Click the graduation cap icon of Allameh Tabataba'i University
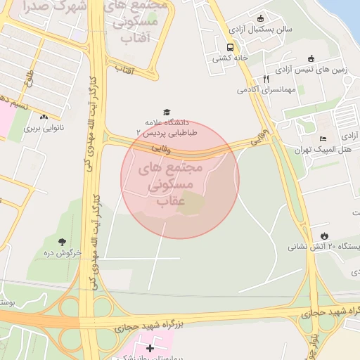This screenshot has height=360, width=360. (x=167, y=112)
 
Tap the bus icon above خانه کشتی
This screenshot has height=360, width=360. (x=230, y=48)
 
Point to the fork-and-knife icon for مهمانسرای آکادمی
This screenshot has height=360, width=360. (x=265, y=79)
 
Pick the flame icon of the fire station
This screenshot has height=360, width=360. (x=323, y=236)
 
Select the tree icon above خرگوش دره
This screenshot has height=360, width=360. (x=63, y=241)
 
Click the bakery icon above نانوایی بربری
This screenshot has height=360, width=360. (x=44, y=117)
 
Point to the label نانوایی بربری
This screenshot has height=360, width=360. (x=44, y=129)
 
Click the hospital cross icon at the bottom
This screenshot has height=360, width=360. (x=150, y=348)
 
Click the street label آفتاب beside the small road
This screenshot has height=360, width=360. (x=124, y=69)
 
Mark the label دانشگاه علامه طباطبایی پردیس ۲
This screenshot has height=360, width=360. (x=167, y=127)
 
